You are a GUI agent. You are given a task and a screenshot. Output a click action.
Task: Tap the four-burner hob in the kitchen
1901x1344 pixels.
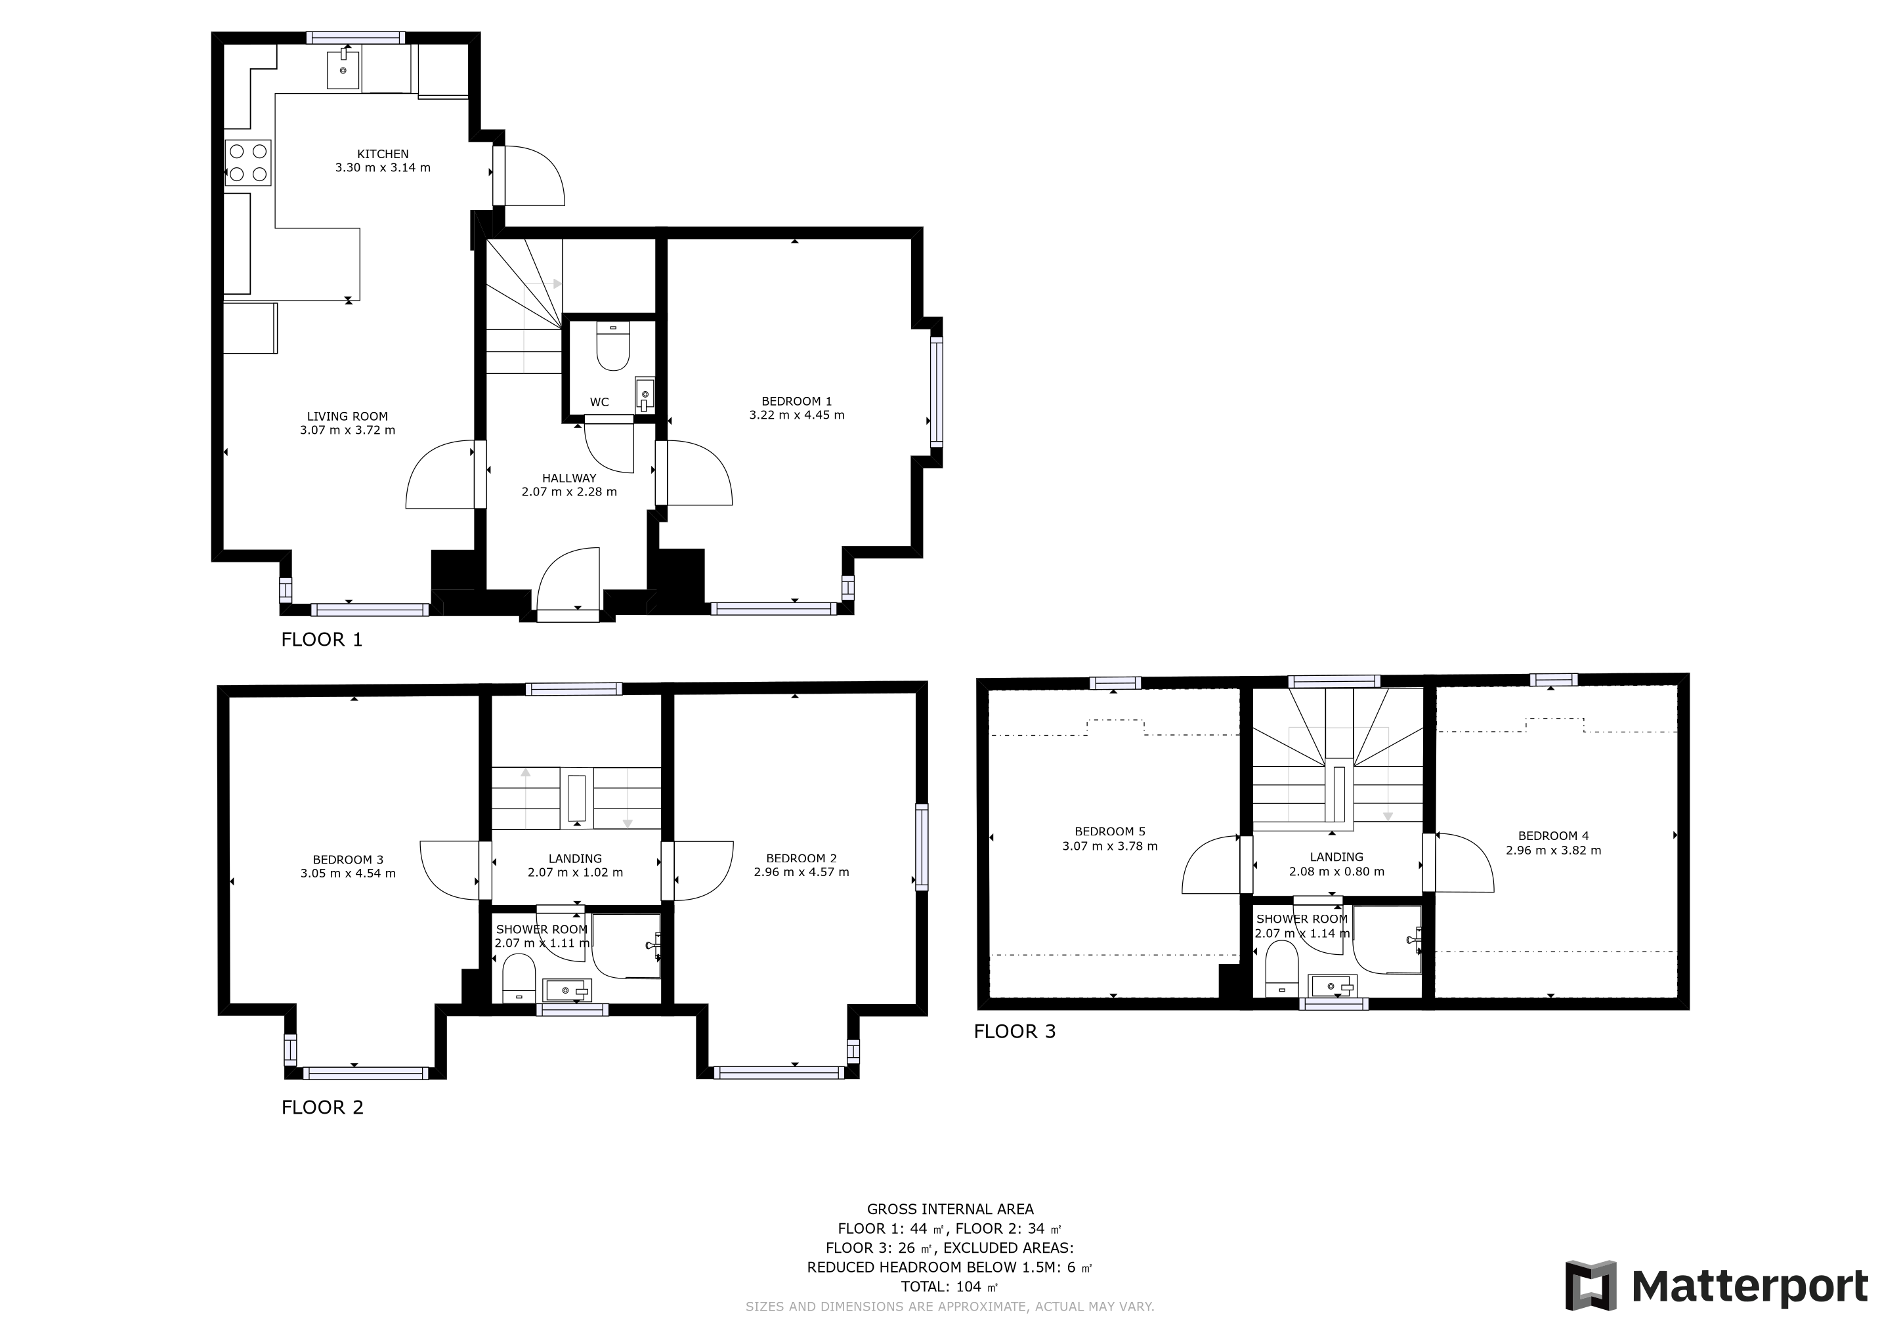(248, 162)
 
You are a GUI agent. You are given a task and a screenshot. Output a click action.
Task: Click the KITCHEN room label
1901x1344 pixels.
(383, 154)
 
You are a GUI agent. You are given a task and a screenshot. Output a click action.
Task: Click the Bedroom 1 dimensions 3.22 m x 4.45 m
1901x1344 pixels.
(796, 415)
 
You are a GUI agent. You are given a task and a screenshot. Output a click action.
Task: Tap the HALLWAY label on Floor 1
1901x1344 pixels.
(569, 478)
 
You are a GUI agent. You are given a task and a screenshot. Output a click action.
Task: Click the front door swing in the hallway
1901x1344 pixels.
(568, 579)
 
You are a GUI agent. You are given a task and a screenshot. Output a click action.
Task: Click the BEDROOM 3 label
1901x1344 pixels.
(348, 859)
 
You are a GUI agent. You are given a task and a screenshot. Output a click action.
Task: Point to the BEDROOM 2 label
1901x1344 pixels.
(801, 858)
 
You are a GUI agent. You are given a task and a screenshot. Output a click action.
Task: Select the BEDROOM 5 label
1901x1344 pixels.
(1109, 831)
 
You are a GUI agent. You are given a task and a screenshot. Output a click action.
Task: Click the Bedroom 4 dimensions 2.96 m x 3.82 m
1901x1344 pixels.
(1553, 850)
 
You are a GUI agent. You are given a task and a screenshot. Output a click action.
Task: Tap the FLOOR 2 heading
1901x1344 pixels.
(322, 1107)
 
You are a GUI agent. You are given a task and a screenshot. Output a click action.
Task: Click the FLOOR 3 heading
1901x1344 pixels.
(1014, 1031)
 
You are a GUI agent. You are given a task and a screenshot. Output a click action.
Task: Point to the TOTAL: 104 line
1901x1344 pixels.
(950, 1287)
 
